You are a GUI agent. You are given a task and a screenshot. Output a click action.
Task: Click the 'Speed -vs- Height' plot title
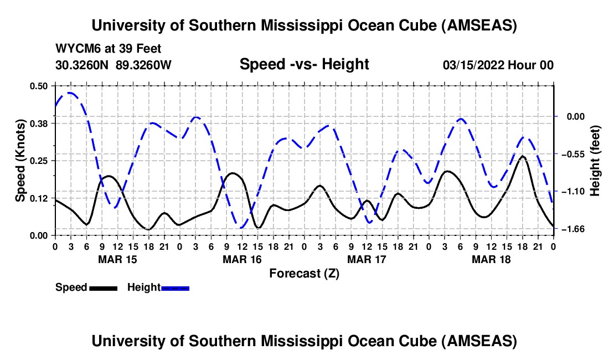click(304, 65)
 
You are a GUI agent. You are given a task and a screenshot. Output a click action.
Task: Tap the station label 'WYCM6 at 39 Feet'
click(109, 49)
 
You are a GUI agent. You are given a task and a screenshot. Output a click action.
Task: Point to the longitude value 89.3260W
click(144, 65)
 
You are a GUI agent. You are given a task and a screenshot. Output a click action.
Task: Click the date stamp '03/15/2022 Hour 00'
click(498, 65)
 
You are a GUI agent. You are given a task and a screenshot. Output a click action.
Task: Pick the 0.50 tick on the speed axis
click(39, 86)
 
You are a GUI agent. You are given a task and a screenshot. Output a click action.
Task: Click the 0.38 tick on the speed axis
click(39, 123)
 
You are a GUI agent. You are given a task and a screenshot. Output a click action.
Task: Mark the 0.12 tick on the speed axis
click(39, 198)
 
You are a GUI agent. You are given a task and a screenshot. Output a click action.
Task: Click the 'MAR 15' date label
click(117, 259)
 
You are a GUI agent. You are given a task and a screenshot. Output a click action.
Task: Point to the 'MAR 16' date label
click(242, 259)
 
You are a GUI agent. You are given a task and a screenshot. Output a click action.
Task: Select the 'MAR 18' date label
click(491, 259)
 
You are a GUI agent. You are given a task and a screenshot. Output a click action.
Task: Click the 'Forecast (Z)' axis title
click(304, 274)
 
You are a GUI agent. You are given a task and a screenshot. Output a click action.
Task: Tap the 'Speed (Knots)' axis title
click(20, 161)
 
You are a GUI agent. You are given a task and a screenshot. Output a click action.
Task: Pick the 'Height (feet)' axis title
click(595, 161)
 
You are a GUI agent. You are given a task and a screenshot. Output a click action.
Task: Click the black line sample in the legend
click(103, 288)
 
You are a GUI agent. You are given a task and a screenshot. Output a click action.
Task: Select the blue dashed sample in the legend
click(175, 288)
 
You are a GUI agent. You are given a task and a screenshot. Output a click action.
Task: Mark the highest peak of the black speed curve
click(522, 156)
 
